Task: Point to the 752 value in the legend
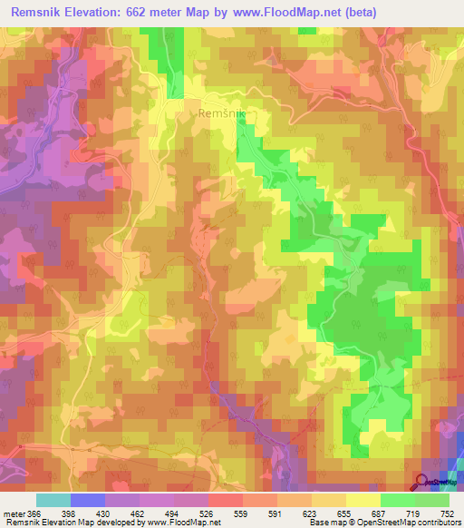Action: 446,514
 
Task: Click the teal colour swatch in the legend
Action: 53,500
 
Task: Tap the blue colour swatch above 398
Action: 88,500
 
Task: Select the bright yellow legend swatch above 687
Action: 363,500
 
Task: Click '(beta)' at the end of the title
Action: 356,13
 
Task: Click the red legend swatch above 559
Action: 226,500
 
